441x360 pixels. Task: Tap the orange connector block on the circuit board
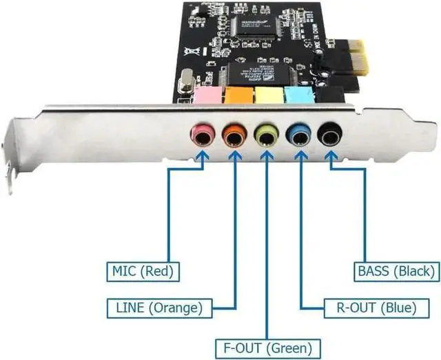[x=238, y=94]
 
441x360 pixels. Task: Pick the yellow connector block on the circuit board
[x=269, y=94]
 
